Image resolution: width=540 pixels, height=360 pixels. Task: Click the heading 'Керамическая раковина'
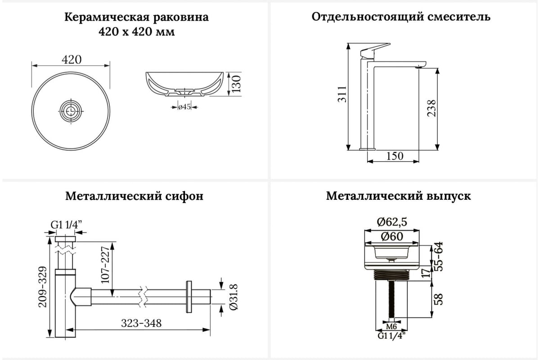137,18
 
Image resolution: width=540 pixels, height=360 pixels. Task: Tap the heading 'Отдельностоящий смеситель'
401,17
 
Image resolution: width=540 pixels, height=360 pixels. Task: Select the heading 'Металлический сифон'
134,196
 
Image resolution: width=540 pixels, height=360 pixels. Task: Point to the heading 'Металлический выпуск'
399,196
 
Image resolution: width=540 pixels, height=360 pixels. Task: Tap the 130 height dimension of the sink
237,84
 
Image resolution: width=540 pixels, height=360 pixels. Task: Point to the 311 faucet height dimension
342,94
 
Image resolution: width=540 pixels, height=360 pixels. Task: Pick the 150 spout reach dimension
395,156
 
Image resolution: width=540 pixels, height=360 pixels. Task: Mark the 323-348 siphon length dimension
141,323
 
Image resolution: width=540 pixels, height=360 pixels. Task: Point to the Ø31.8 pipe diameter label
234,297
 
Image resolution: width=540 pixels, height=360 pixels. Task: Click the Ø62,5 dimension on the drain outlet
392,221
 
